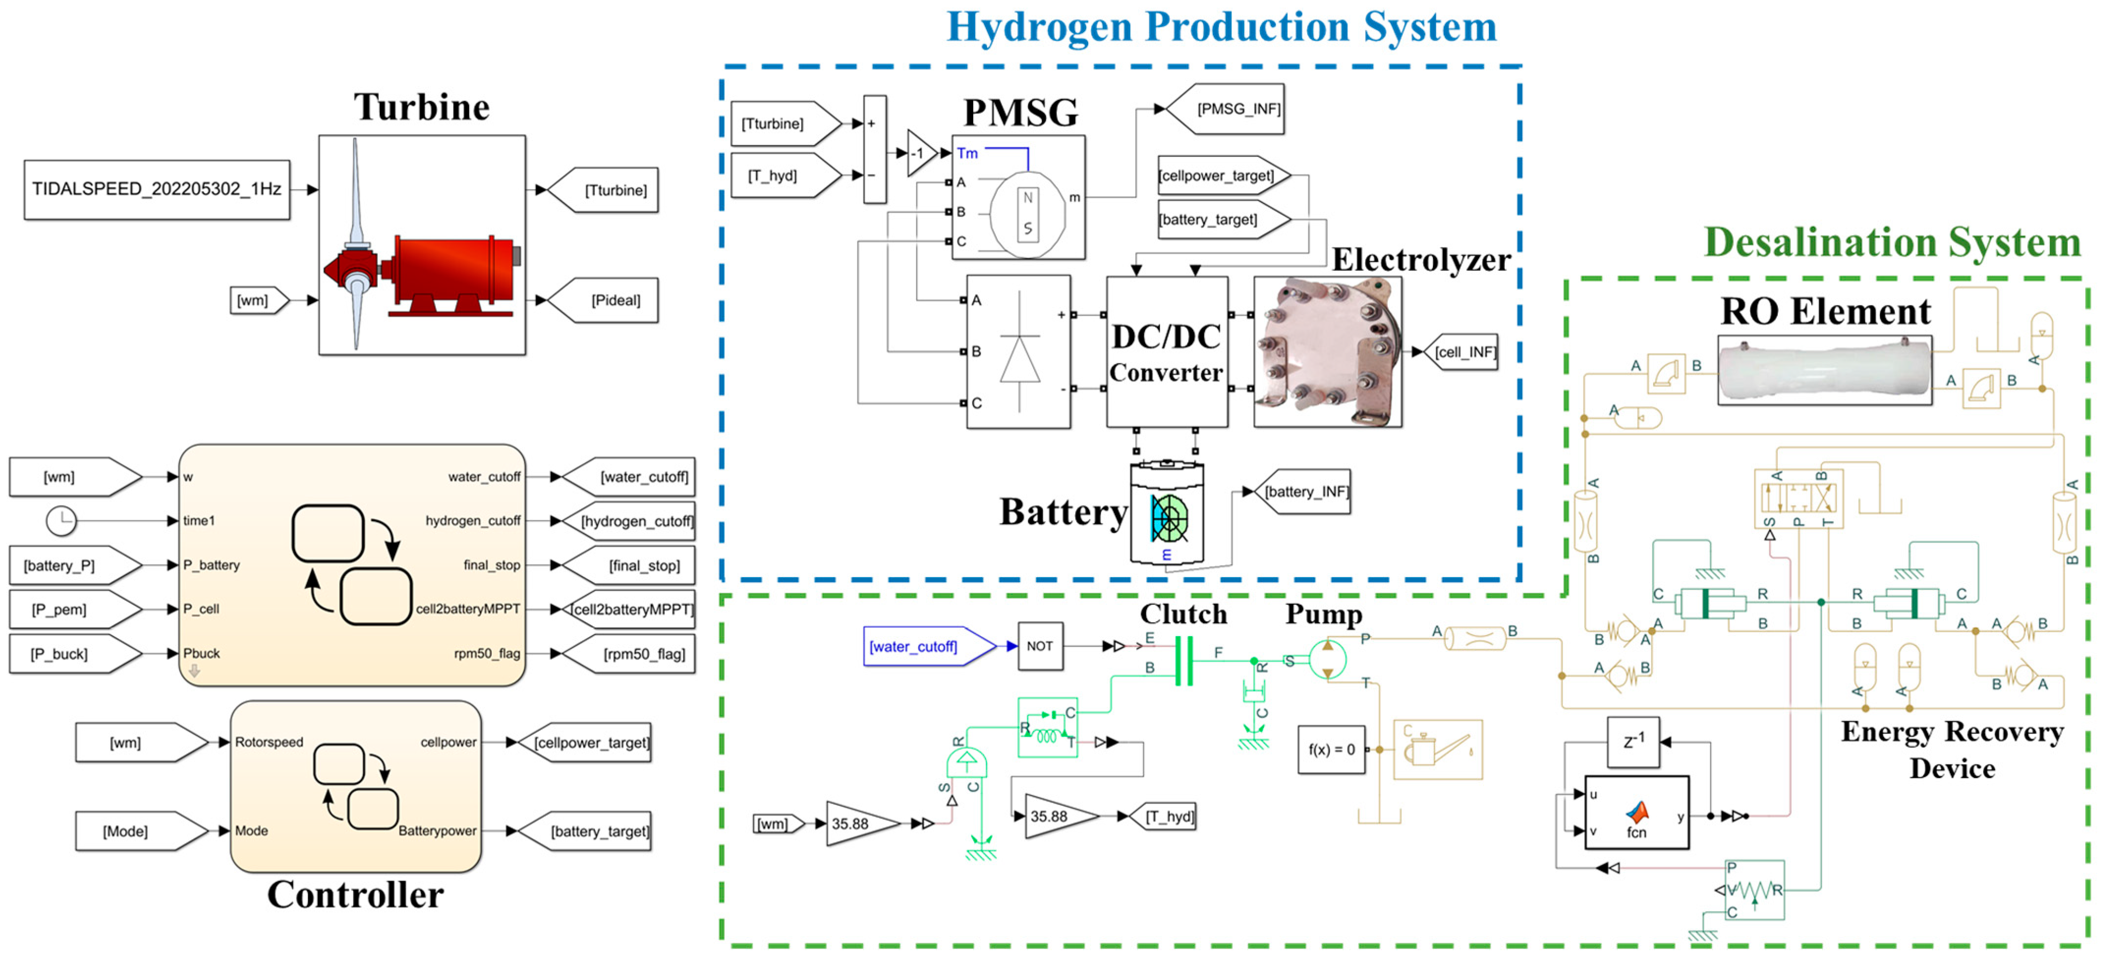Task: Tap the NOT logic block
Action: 1039,646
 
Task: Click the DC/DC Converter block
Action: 1166,351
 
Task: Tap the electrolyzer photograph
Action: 1327,351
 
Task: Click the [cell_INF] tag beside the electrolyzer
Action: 1463,352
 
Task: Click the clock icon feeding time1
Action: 60,521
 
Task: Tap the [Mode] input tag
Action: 131,831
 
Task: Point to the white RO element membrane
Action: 1824,370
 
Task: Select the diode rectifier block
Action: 1018,351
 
